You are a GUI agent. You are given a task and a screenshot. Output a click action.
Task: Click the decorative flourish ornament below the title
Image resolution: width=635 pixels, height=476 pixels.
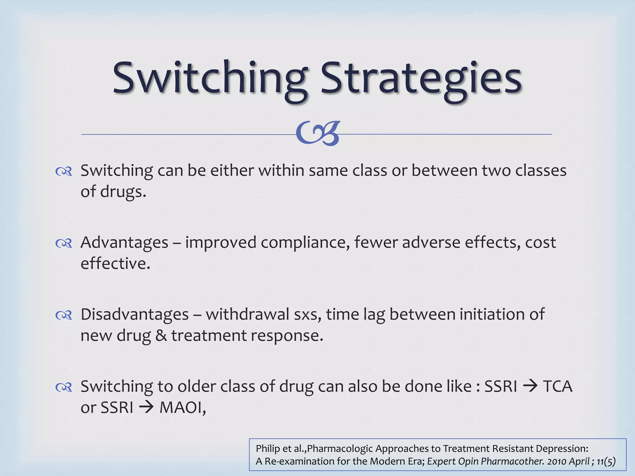click(x=318, y=134)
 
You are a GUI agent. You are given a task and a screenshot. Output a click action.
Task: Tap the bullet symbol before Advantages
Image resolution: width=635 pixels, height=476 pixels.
click(x=64, y=243)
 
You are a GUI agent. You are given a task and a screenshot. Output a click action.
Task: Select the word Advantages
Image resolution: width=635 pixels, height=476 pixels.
click(x=124, y=243)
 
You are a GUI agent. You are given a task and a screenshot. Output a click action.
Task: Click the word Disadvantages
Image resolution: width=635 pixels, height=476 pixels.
click(x=135, y=315)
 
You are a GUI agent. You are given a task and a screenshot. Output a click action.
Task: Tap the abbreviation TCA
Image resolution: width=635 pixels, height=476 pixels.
click(x=557, y=386)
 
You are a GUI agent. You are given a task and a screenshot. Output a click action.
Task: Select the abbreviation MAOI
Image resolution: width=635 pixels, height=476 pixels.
click(x=182, y=408)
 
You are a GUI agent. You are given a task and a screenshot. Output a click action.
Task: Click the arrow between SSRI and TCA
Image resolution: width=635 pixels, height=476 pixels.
click(x=530, y=386)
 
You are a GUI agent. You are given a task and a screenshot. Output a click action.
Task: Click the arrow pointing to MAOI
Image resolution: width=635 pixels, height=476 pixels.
click(x=146, y=408)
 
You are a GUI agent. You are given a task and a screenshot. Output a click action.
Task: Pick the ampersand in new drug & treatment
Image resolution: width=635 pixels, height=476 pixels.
click(x=161, y=336)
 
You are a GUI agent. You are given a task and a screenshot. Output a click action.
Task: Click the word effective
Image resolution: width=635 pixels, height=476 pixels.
click(x=115, y=264)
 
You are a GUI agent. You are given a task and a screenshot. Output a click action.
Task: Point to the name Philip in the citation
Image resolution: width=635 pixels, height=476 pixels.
click(x=268, y=448)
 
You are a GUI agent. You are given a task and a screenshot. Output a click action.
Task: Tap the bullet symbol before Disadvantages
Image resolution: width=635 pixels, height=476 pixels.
click(x=64, y=315)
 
